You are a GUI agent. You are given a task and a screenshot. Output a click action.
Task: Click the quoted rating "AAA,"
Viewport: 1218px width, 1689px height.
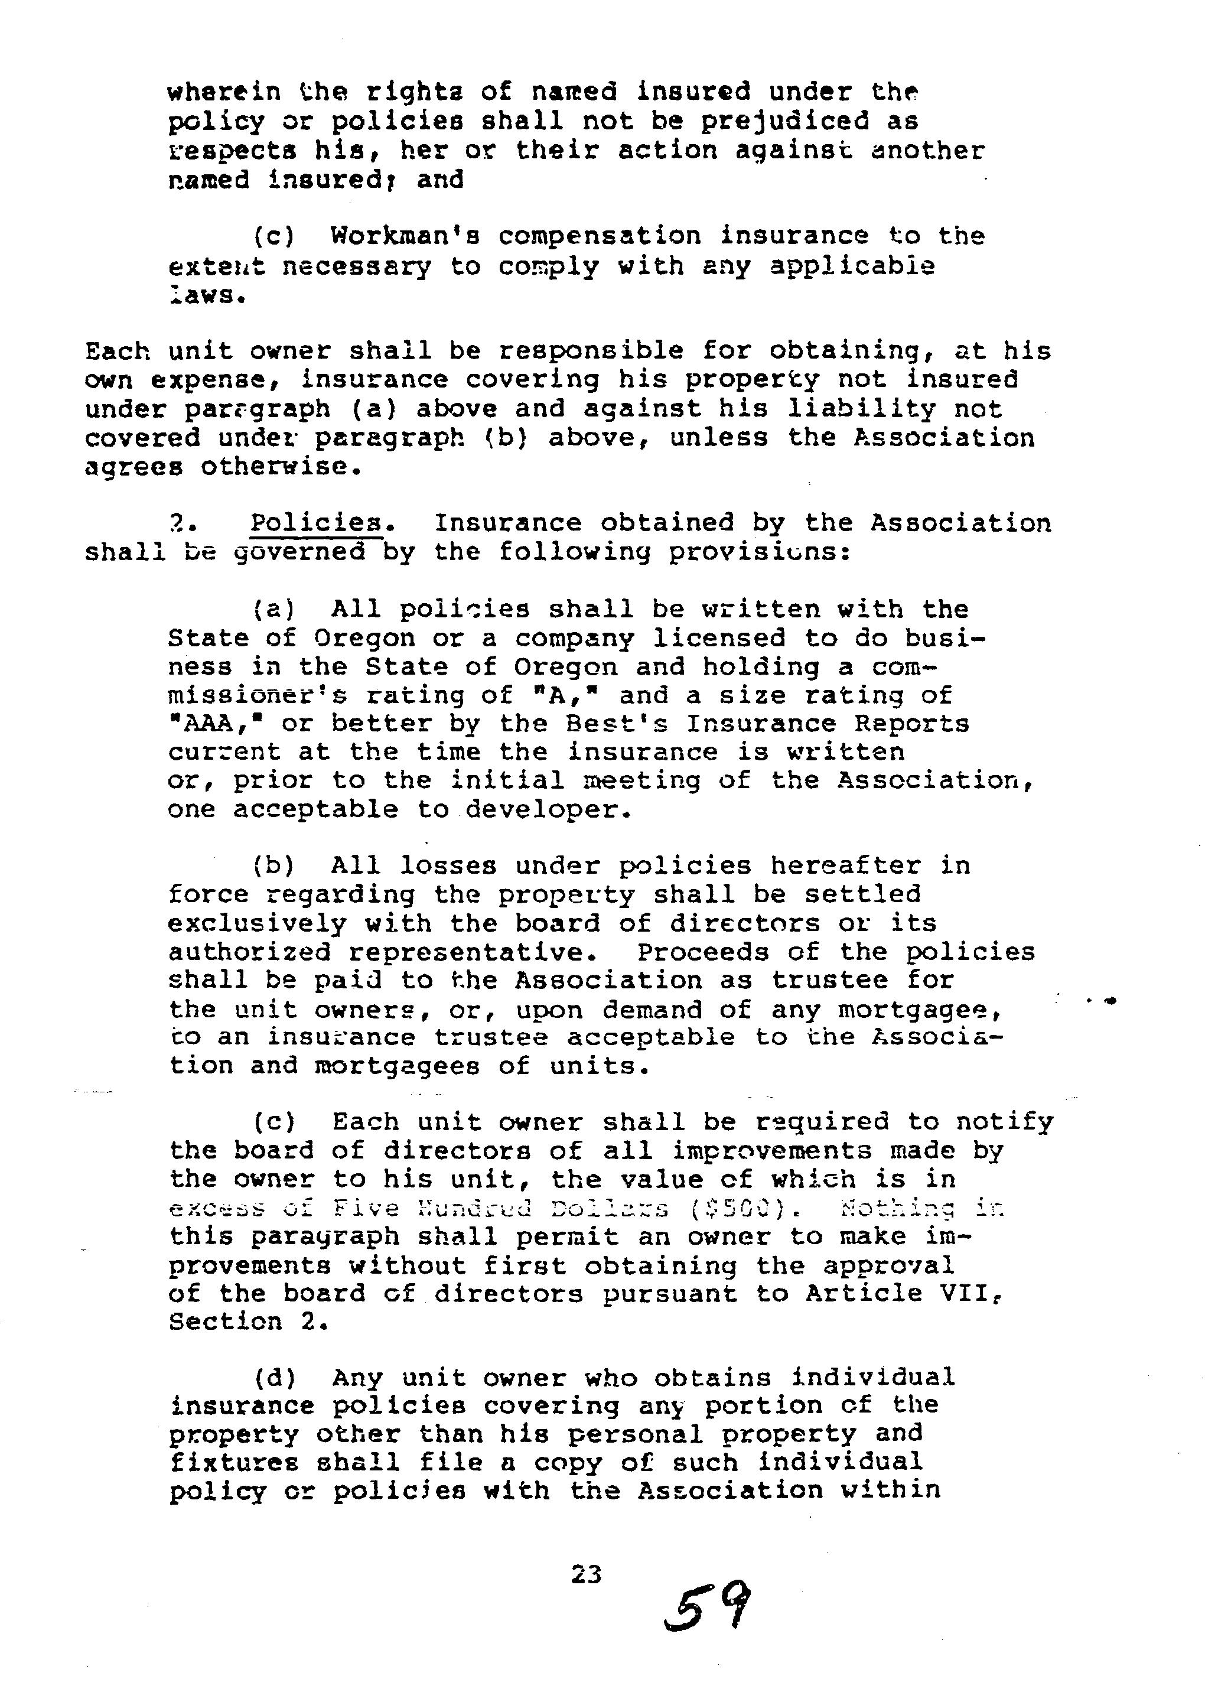click(x=226, y=723)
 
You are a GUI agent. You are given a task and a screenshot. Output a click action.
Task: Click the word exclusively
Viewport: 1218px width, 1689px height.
click(x=257, y=923)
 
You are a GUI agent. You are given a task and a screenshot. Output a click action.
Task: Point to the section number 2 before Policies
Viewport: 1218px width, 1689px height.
click(x=175, y=523)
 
